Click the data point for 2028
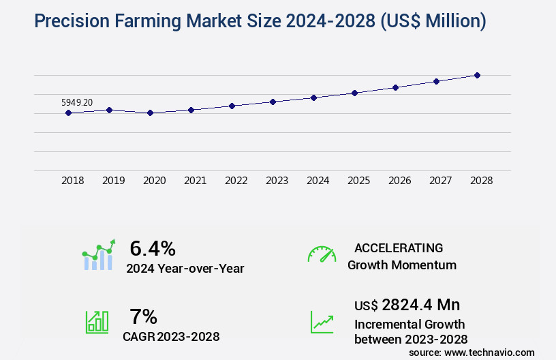pyautogui.click(x=477, y=75)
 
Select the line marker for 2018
pyautogui.click(x=68, y=112)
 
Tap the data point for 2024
pyautogui.click(x=313, y=97)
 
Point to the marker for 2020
pyautogui.click(x=150, y=112)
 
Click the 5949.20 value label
pyautogui.click(x=77, y=102)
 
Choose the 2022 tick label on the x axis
pyautogui.click(x=236, y=181)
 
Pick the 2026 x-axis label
pyautogui.click(x=399, y=181)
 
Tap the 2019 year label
pyautogui.click(x=113, y=181)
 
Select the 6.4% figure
pyautogui.click(x=153, y=247)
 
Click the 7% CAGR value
pyautogui.click(x=143, y=316)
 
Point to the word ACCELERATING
pyautogui.click(x=399, y=248)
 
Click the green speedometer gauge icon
pyautogui.click(x=322, y=254)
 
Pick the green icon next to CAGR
pyautogui.click(x=97, y=321)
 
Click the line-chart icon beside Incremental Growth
pyautogui.click(x=322, y=321)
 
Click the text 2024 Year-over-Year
pyautogui.click(x=185, y=269)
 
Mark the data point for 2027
pyautogui.click(x=436, y=81)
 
